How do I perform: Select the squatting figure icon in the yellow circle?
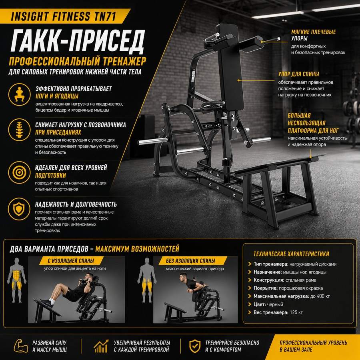(x=19, y=94)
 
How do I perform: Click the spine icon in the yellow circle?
(x=19, y=130)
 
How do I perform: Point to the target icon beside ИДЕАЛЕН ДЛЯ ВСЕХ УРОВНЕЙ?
(x=19, y=172)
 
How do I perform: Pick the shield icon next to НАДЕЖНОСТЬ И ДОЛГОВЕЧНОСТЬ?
(x=19, y=209)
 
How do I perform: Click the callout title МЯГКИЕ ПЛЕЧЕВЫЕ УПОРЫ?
(x=313, y=35)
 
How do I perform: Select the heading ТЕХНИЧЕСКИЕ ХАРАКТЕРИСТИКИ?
(x=291, y=254)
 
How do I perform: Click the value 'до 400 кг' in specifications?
(x=320, y=296)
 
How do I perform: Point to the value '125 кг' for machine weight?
(x=296, y=312)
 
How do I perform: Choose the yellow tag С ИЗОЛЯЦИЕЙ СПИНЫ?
(x=71, y=260)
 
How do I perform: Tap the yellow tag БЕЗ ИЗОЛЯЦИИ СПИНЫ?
(x=190, y=260)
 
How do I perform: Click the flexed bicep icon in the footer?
(x=21, y=346)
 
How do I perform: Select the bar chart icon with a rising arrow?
(x=101, y=346)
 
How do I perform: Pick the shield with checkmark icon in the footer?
(x=195, y=346)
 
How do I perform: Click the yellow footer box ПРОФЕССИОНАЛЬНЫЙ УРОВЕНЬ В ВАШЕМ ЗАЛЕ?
(x=313, y=347)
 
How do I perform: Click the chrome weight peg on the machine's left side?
(x=153, y=141)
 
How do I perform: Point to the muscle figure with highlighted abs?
(x=16, y=280)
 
